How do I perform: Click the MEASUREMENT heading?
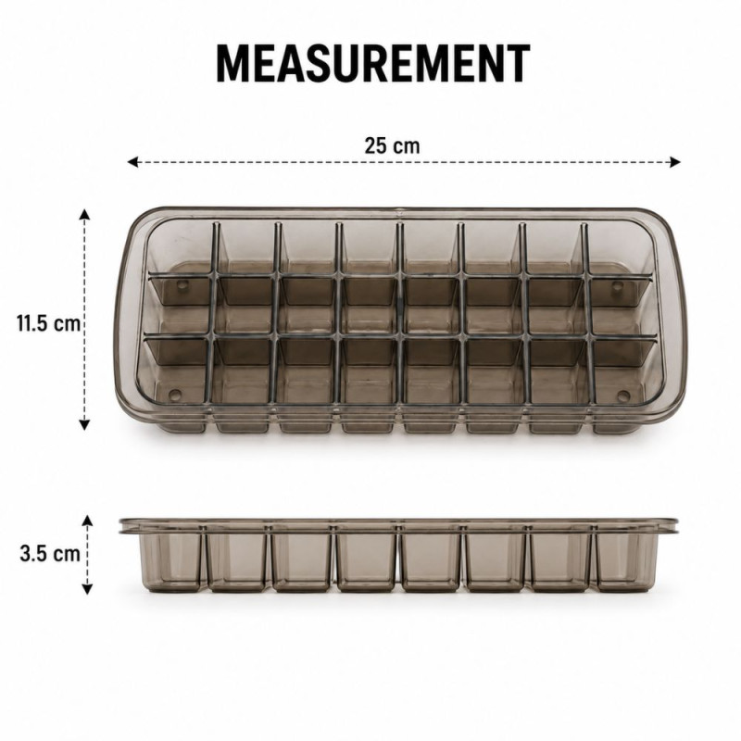[x=373, y=64]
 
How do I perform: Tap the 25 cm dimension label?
[x=392, y=145]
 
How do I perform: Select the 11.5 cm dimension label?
[x=49, y=323]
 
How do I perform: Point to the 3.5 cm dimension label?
[x=50, y=553]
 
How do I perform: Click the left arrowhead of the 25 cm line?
[x=132, y=162]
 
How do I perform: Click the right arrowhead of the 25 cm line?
[x=675, y=162]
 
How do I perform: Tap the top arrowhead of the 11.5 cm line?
[x=84, y=214]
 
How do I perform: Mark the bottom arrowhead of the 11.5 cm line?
[x=84, y=424]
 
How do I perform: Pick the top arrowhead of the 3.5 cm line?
[x=87, y=521]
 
